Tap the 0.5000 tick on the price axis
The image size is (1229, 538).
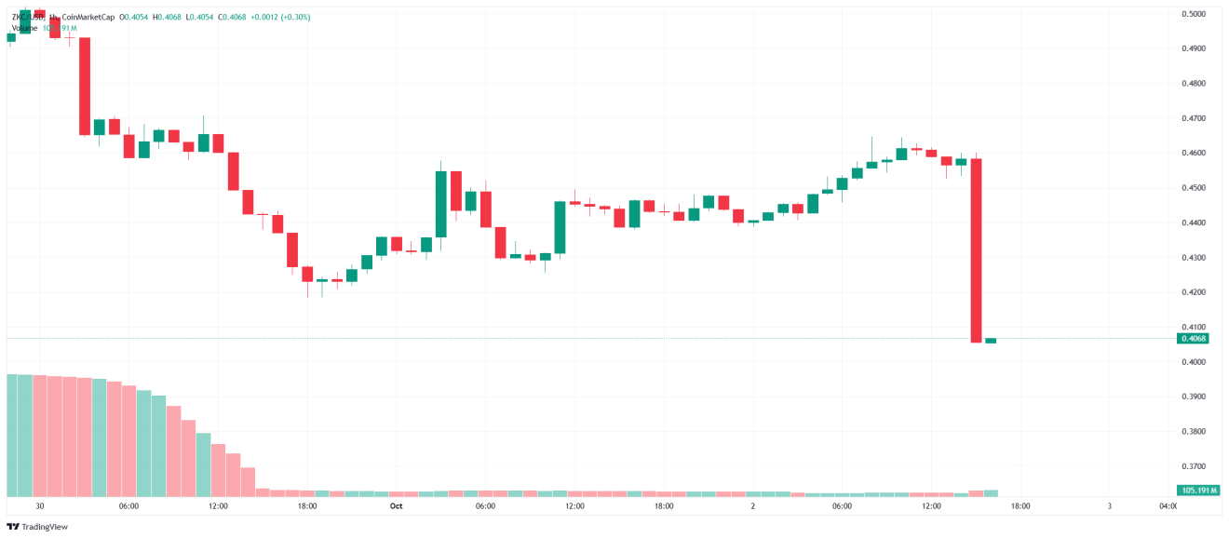point(1194,14)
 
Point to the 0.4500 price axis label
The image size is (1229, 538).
point(1194,188)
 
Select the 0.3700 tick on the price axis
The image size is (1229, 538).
point(1194,466)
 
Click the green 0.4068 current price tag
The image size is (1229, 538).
point(1194,338)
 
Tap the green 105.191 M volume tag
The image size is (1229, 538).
point(1199,490)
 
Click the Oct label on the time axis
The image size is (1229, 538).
point(396,506)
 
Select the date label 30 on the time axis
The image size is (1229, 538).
point(40,506)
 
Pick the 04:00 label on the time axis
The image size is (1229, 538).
point(1167,506)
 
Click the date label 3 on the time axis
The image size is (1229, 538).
point(1110,506)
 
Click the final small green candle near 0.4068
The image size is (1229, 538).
point(991,341)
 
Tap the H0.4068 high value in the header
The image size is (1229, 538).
point(169,17)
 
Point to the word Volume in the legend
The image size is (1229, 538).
point(24,28)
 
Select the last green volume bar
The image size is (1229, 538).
point(991,492)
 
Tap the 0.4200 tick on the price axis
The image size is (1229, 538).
point(1194,292)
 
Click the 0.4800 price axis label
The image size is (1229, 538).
point(1194,84)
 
